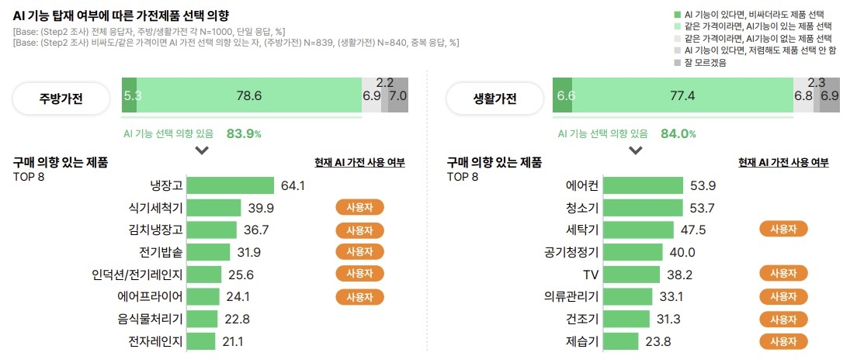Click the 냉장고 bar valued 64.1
point(231,185)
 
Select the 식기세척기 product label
point(156,208)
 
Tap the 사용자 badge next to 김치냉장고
point(359,230)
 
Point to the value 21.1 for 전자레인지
point(233,341)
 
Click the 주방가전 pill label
point(61,99)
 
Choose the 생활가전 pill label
point(495,99)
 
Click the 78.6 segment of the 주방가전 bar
point(248,95)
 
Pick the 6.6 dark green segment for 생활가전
point(562,95)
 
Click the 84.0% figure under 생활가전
point(678,133)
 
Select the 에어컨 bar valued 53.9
point(643,185)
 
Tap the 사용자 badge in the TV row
point(783,274)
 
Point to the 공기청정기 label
point(571,252)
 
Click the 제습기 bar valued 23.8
point(620,341)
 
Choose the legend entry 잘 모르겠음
point(705,63)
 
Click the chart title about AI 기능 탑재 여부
point(121,16)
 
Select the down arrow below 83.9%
point(202,150)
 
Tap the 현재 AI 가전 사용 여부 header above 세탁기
point(783,163)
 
